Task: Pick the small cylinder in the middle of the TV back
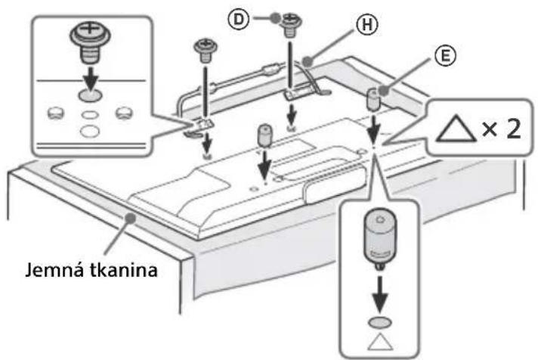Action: [x=264, y=137]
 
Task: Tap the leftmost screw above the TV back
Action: [x=205, y=50]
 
